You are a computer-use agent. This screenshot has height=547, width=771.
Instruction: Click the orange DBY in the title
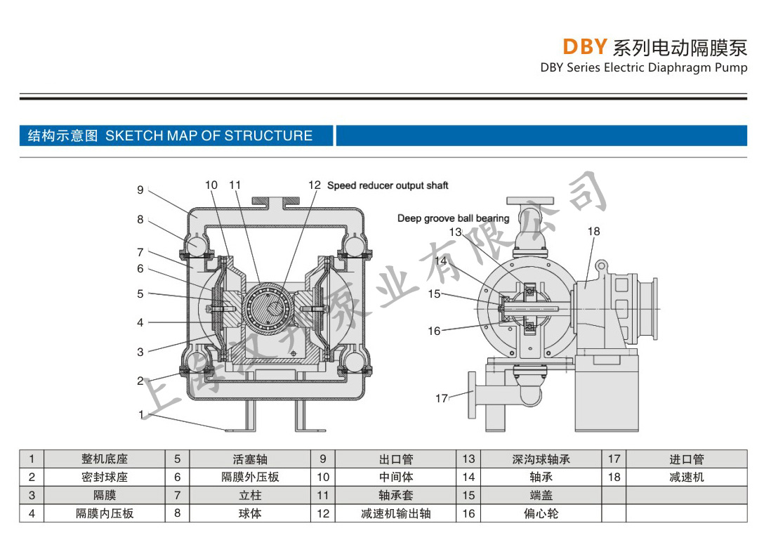[x=584, y=47]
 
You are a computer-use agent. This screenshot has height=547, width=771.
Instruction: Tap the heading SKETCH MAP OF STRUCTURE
[x=209, y=136]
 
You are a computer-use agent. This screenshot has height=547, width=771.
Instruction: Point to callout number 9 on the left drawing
[x=140, y=190]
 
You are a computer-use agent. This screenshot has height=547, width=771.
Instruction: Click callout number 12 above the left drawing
[x=315, y=185]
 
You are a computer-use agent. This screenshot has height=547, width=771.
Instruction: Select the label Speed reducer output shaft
[x=388, y=185]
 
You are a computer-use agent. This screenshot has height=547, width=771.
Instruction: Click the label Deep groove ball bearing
[x=453, y=218]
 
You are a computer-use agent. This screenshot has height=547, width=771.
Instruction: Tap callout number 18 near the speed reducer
[x=594, y=231]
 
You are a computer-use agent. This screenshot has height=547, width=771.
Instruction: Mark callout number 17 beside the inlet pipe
[x=441, y=398]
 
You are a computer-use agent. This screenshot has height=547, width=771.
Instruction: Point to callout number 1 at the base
[x=141, y=414]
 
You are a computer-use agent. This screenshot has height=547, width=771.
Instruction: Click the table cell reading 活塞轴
[x=250, y=459]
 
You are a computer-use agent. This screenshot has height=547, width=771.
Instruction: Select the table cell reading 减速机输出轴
[x=395, y=513]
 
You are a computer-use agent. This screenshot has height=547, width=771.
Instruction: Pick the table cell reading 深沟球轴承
[x=541, y=459]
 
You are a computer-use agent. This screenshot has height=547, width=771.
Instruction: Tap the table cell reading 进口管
[x=686, y=459]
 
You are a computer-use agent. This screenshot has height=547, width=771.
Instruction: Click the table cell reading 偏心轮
[x=541, y=513]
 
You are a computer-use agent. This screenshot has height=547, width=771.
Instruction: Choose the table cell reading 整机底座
[x=105, y=459]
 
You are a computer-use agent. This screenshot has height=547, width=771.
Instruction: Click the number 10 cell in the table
[x=323, y=477]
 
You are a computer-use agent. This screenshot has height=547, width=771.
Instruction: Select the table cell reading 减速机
[x=686, y=477]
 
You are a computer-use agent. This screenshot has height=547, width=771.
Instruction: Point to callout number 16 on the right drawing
[x=435, y=331]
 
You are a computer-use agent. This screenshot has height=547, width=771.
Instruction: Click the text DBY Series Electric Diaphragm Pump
[x=644, y=68]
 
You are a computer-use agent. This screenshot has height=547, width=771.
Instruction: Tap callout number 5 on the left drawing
[x=140, y=294]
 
